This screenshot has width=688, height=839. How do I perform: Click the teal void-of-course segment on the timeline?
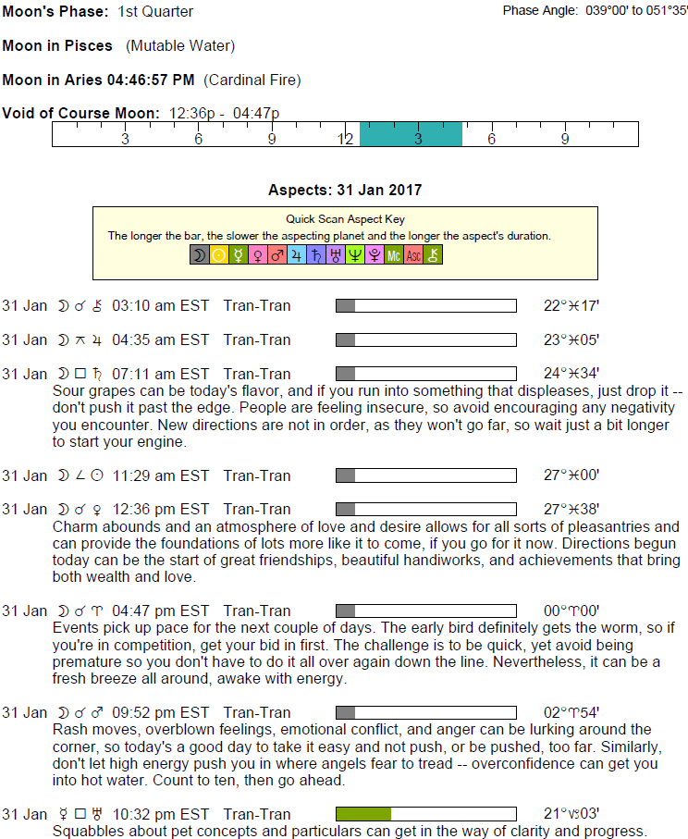tap(410, 134)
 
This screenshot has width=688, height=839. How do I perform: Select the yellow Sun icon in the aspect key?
tap(219, 254)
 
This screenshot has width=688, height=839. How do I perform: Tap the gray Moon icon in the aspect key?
tap(199, 254)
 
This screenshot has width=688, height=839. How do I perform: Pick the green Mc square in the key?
tap(394, 254)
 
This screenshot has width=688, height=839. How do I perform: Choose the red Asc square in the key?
tap(413, 254)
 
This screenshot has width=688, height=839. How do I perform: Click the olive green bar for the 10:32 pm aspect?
tap(362, 814)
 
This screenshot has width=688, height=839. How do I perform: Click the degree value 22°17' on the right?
tap(571, 305)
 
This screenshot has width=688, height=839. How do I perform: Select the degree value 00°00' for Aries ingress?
tap(571, 611)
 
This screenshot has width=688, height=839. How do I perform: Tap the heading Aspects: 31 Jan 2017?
tap(344, 190)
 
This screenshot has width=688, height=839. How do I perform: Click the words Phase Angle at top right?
tap(539, 10)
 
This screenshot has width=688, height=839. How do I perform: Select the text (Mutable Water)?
tap(180, 45)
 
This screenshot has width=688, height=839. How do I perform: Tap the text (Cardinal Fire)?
tap(252, 80)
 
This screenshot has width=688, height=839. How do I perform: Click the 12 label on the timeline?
tap(345, 139)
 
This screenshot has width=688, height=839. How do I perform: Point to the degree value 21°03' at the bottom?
tap(571, 814)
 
